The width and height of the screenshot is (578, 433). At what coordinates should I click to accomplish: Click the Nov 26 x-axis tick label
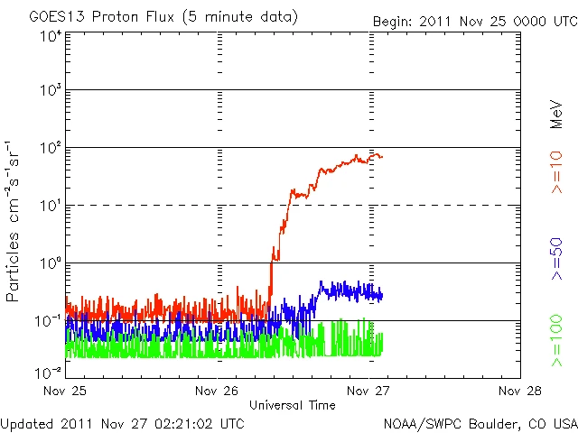(x=218, y=392)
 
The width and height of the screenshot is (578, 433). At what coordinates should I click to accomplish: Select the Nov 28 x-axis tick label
(x=520, y=392)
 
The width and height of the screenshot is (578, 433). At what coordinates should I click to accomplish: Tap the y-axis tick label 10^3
(x=51, y=91)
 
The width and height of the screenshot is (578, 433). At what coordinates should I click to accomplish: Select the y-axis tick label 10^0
(x=51, y=263)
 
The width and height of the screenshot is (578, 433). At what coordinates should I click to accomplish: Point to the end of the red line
(x=382, y=156)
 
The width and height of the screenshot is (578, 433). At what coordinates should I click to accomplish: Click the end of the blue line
(x=382, y=295)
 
